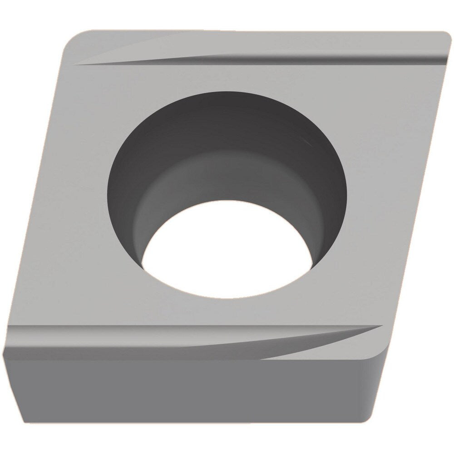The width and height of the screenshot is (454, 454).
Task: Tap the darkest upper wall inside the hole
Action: [227, 113]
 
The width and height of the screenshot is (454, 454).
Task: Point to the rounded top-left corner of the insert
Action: [75, 39]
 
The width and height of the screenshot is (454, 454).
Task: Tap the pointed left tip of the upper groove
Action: [75, 64]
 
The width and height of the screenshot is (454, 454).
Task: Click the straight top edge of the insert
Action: [254, 32]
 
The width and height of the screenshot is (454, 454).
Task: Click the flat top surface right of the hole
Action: [386, 182]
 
